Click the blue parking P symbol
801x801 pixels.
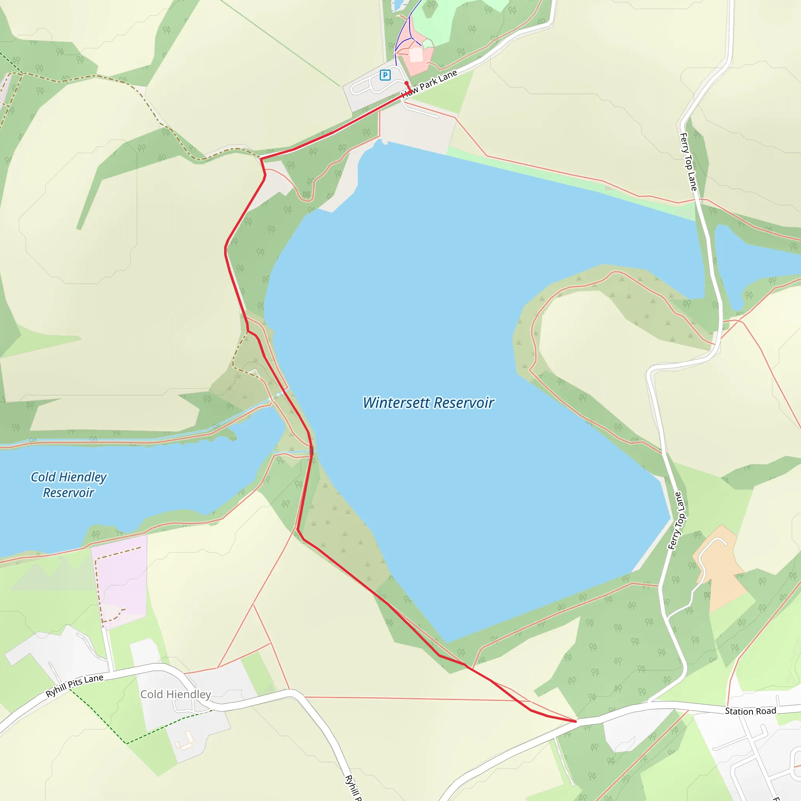pyautogui.click(x=385, y=75)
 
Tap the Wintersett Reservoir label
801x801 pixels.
pyautogui.click(x=428, y=402)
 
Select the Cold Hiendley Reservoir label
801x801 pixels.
pyautogui.click(x=69, y=485)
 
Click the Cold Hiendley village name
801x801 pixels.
pyautogui.click(x=175, y=695)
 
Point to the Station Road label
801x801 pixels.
pyautogui.click(x=751, y=711)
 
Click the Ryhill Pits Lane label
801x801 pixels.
pyautogui.click(x=75, y=686)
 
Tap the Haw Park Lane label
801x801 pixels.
pyautogui.click(x=431, y=83)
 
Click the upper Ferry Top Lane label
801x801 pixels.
pyautogui.click(x=689, y=162)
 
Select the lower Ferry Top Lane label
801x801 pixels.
pyautogui.click(x=677, y=521)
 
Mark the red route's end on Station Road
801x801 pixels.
pyautogui.click(x=575, y=721)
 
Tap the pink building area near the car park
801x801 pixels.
pyautogui.click(x=417, y=56)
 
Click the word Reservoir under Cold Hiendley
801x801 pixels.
pyautogui.click(x=69, y=493)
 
